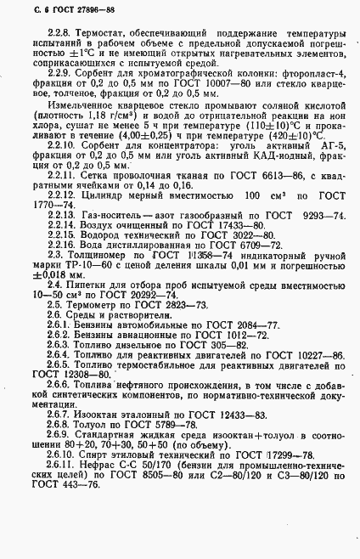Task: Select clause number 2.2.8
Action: [x=42, y=30]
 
